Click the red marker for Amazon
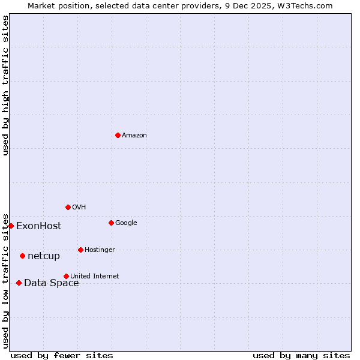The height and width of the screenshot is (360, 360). pyautogui.click(x=118, y=135)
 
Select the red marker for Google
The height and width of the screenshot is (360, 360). pyautogui.click(x=111, y=223)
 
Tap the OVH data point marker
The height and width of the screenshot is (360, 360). pyautogui.click(x=68, y=207)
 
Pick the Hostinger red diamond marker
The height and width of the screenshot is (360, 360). pyautogui.click(x=80, y=250)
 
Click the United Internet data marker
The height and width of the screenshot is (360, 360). pyautogui.click(x=66, y=276)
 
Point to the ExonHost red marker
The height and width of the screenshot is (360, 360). pyautogui.click(x=11, y=226)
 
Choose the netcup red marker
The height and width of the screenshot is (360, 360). pyautogui.click(x=22, y=256)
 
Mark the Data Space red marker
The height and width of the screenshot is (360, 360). pyautogui.click(x=19, y=283)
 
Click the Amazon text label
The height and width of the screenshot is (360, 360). pyautogui.click(x=134, y=136)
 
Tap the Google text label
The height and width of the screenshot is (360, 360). pyautogui.click(x=126, y=223)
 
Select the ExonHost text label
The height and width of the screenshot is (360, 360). pyautogui.click(x=38, y=226)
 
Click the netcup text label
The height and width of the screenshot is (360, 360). pyautogui.click(x=44, y=256)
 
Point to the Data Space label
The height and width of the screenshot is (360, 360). pyautogui.click(x=51, y=283)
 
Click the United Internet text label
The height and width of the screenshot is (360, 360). pyautogui.click(x=94, y=277)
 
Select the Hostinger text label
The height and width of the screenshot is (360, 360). pyautogui.click(x=100, y=250)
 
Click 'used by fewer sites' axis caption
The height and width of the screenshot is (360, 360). pyautogui.click(x=62, y=355)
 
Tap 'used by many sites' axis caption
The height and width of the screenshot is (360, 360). pyautogui.click(x=301, y=355)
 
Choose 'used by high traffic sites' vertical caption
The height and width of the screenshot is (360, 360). pyautogui.click(x=5, y=85)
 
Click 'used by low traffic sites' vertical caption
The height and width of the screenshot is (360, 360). pyautogui.click(x=5, y=280)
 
